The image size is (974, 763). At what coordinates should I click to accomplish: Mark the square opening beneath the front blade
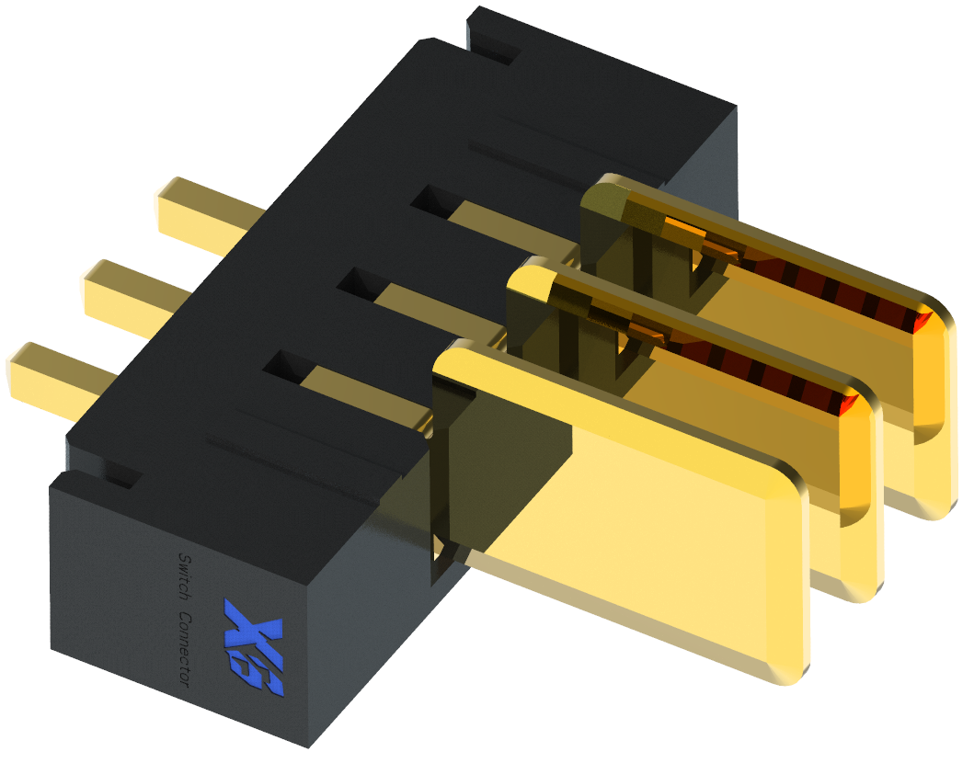point(443,552)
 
